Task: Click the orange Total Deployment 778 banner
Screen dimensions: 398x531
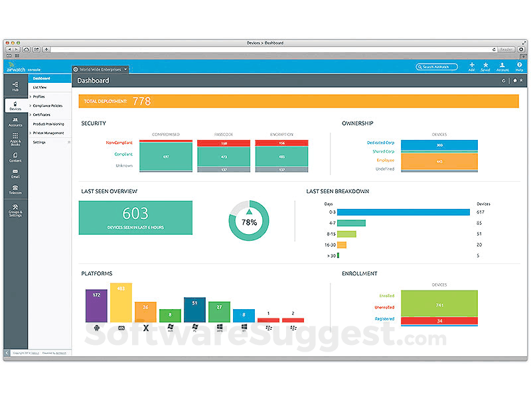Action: (x=299, y=101)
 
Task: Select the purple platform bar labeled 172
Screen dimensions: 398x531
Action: (x=96, y=306)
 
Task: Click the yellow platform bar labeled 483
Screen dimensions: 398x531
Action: (x=121, y=302)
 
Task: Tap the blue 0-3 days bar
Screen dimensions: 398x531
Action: (x=394, y=212)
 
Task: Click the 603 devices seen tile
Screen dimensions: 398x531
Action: (x=135, y=218)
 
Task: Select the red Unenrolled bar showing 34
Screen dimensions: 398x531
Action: (x=439, y=321)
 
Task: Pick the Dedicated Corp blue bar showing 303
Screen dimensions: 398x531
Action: (x=439, y=145)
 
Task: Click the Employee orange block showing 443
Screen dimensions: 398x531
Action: (x=439, y=161)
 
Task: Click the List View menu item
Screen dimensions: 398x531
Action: (x=40, y=87)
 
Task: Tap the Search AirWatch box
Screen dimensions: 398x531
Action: (x=437, y=67)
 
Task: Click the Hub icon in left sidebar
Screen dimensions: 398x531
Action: (x=15, y=85)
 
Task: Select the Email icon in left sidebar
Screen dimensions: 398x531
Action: (x=15, y=173)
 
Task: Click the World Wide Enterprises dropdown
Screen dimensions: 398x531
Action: (x=100, y=69)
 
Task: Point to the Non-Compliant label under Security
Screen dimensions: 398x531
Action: (x=120, y=143)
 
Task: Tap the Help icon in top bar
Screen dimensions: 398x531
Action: (x=519, y=67)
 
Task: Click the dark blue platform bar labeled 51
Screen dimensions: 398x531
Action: (x=194, y=310)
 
